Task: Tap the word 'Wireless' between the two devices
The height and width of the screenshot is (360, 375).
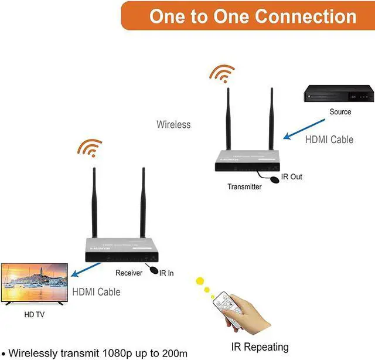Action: click(x=173, y=124)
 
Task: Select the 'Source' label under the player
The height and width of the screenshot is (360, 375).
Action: click(x=340, y=112)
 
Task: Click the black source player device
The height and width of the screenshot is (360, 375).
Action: click(x=338, y=94)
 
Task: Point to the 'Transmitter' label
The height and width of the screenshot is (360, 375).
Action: click(x=245, y=186)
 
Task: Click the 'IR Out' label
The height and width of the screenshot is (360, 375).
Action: click(x=291, y=176)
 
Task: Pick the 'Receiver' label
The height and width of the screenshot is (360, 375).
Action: click(x=129, y=273)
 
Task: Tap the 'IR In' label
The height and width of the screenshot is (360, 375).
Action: click(x=166, y=273)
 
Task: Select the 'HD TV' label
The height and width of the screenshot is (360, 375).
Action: click(x=34, y=315)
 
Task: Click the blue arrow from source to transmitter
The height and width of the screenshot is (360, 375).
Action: click(x=304, y=129)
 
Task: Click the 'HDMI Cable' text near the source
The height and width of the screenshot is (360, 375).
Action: click(x=329, y=140)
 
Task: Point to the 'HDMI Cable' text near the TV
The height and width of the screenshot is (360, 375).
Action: click(x=96, y=291)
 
